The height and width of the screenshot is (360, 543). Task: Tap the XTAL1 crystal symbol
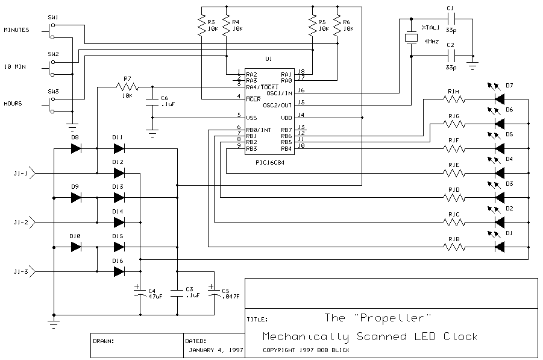pos(410,38)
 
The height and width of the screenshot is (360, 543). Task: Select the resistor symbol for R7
pos(127,88)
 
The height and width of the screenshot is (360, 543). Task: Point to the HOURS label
pos(13,104)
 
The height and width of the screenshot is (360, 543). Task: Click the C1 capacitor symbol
pos(450,19)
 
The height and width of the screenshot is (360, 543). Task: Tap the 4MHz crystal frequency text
pos(431,41)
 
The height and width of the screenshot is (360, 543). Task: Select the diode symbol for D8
pos(76,148)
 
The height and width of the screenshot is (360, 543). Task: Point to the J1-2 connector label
pos(20,222)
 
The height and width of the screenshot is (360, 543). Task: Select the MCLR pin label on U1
pos(253,97)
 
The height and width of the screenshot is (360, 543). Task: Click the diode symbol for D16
pos(119,271)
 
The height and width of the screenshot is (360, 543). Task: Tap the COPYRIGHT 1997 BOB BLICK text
pos(306,350)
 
